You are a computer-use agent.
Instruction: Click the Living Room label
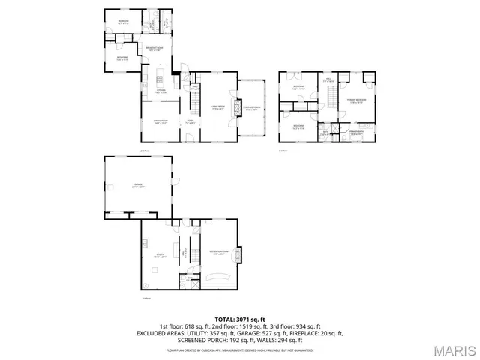point(218,107)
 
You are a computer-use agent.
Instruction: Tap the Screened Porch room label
point(251,107)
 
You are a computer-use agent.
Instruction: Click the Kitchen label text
point(160,91)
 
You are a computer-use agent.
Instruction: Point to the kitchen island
point(159,78)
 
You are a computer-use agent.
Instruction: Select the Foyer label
point(190,121)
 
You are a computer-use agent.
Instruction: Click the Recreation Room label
point(218,252)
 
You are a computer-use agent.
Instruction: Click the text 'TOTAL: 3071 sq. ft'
point(239,319)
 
